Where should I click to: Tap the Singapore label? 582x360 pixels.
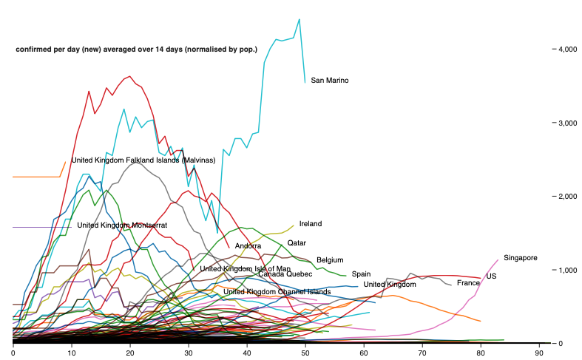tap(520, 258)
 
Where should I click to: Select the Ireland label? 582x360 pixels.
tap(311, 224)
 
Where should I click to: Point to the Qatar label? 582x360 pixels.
tap(297, 242)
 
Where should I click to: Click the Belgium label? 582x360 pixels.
tap(330, 260)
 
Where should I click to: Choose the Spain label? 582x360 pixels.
tap(361, 274)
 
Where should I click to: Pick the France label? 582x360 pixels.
tap(468, 283)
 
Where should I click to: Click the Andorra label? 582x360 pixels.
tap(248, 246)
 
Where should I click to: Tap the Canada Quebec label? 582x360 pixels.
tap(285, 274)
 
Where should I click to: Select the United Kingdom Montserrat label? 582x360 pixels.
tap(122, 225)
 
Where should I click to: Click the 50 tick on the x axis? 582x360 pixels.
tap(305, 354)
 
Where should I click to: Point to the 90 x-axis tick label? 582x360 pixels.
tap(540, 354)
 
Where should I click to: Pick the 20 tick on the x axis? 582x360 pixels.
tap(130, 354)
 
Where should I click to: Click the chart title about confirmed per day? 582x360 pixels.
tap(137, 50)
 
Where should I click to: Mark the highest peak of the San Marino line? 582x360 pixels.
tap(299, 19)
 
